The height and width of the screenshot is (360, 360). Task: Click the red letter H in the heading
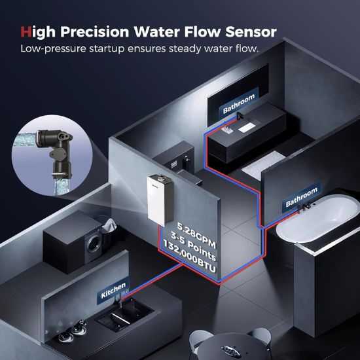(26, 31)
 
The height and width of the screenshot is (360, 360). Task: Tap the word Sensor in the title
(251, 31)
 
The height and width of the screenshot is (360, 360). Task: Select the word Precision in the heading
(95, 31)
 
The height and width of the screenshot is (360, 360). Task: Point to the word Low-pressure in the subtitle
(53, 48)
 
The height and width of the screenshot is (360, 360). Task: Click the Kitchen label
(113, 291)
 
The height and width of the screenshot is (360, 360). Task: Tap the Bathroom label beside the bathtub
(302, 197)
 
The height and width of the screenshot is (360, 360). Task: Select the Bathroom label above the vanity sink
(239, 103)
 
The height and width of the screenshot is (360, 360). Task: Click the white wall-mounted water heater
(160, 200)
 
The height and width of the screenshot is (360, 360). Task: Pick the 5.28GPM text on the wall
(197, 235)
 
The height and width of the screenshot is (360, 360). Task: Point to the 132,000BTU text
(190, 258)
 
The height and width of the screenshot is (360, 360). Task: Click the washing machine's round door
(94, 243)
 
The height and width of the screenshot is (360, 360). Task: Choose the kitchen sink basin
(124, 314)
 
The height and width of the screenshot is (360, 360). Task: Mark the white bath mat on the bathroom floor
(263, 164)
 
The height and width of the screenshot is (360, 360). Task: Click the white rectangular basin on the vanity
(247, 128)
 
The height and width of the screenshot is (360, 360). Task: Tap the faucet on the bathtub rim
(304, 207)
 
